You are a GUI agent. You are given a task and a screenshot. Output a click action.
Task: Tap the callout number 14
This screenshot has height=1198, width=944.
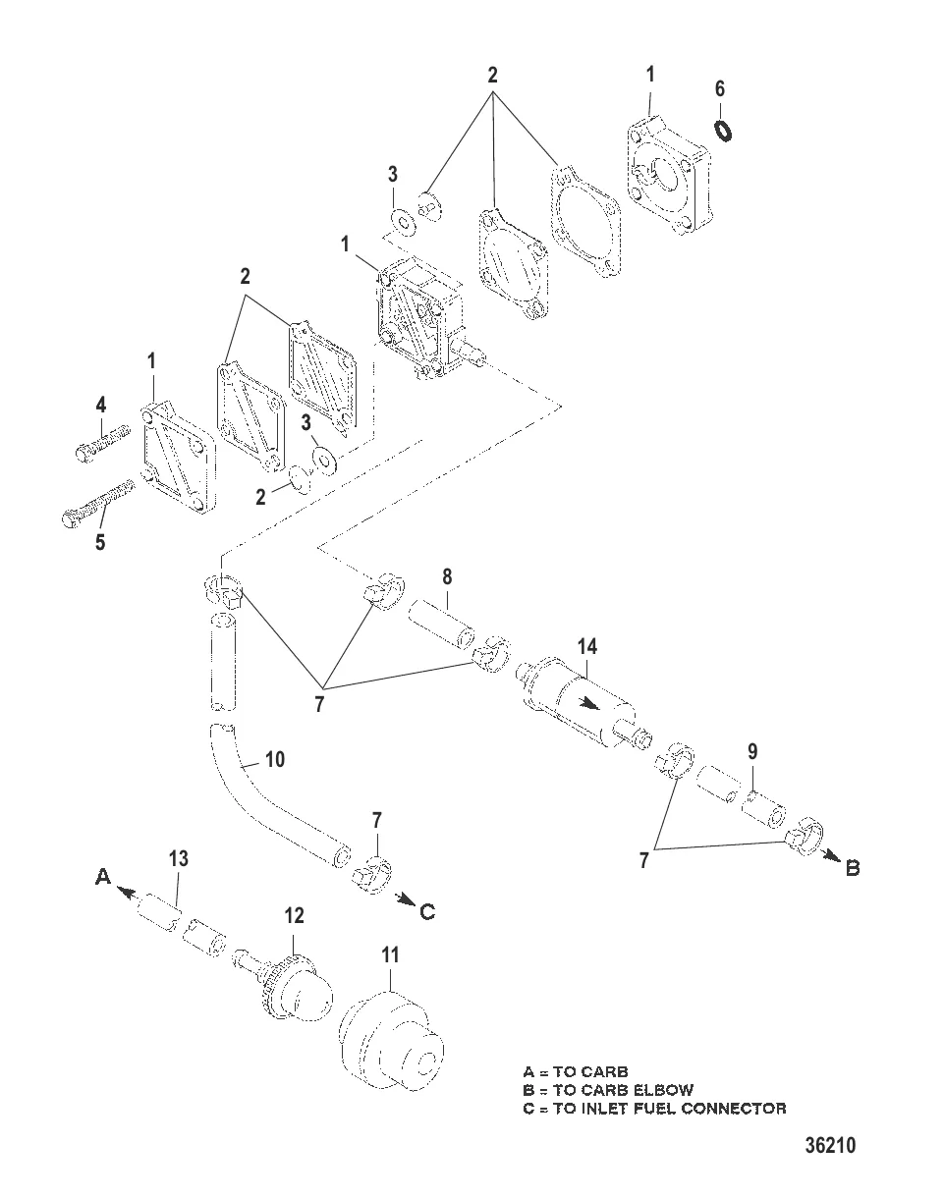(587, 646)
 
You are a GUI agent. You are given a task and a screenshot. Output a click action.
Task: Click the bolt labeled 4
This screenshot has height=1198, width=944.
(103, 444)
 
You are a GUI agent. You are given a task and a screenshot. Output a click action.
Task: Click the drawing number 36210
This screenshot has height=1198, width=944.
(830, 1146)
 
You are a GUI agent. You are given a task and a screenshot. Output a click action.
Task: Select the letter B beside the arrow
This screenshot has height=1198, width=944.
(853, 868)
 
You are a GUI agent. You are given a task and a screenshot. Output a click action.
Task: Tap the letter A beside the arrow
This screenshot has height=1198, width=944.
(103, 877)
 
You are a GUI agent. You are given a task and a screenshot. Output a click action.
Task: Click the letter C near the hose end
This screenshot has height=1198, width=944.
(426, 912)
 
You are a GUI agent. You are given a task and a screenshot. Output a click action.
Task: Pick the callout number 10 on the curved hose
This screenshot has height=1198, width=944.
(275, 759)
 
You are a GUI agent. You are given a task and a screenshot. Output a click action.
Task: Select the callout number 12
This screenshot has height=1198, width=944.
(294, 916)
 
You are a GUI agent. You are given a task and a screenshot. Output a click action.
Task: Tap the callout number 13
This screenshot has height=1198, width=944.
(178, 859)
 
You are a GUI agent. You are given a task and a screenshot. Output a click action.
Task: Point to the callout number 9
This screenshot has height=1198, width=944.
(752, 751)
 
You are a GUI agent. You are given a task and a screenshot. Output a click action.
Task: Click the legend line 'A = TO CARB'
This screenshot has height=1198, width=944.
(576, 1071)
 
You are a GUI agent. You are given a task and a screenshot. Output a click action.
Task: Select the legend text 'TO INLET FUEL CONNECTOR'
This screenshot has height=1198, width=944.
(669, 1109)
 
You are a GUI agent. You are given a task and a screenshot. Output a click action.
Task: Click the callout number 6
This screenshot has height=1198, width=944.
(720, 88)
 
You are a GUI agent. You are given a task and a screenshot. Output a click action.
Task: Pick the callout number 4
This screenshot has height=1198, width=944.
(101, 405)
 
